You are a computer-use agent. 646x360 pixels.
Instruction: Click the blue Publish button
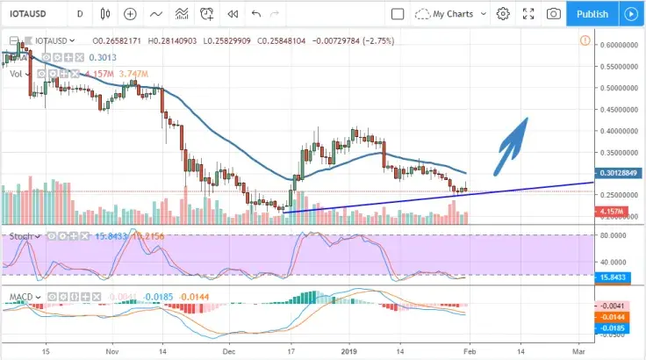click(x=592, y=14)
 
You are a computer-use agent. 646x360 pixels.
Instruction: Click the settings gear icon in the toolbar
click(x=503, y=14)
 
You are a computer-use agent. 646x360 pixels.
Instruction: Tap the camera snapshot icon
click(x=553, y=14)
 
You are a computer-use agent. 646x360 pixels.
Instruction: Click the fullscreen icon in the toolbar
click(x=528, y=14)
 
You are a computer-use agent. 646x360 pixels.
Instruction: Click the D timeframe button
click(x=80, y=14)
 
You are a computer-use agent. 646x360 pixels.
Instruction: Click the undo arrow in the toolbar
click(x=255, y=14)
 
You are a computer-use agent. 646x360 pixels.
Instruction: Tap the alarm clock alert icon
click(x=207, y=14)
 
